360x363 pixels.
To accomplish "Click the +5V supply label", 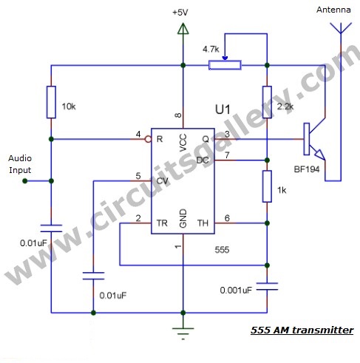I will (x=180, y=13).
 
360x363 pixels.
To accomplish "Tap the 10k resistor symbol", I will (x=51, y=101).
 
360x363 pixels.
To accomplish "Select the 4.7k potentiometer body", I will (x=225, y=65).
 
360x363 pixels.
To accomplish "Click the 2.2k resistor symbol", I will (x=266, y=101).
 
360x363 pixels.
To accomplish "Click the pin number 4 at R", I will (x=138, y=133).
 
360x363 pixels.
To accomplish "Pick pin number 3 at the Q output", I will (x=227, y=133).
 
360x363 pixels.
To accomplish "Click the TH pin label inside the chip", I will (x=202, y=222).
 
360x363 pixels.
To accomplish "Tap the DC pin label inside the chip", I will (x=202, y=160).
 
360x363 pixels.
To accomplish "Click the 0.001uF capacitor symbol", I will (x=266, y=285).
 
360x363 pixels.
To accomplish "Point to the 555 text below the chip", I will (x=222, y=250).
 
